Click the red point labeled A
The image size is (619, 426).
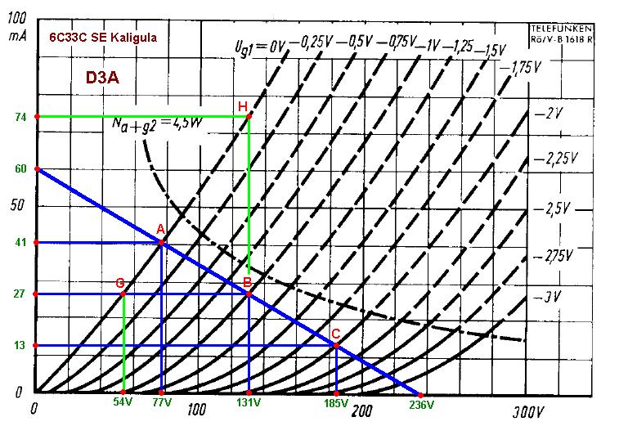click(x=162, y=243)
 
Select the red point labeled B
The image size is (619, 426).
click(x=249, y=294)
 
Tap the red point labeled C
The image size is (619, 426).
click(x=336, y=345)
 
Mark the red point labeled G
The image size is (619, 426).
click(x=123, y=294)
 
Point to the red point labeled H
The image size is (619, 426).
click(x=249, y=116)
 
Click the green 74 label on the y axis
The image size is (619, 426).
click(x=20, y=117)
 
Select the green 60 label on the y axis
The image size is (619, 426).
click(x=20, y=169)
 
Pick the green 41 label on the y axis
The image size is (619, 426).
click(x=20, y=243)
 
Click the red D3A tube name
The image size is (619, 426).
click(x=103, y=78)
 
